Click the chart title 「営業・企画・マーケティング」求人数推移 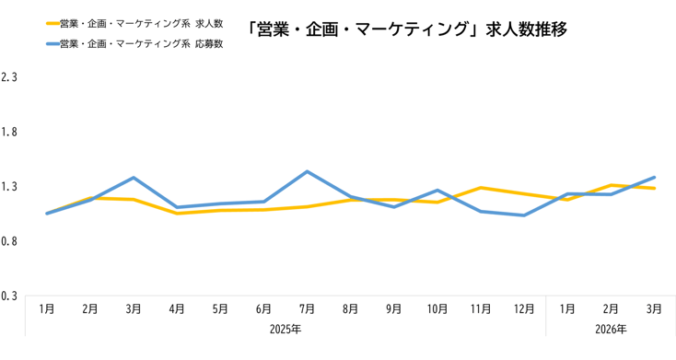[407, 29]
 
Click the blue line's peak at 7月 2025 [307, 171]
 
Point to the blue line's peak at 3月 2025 [134, 178]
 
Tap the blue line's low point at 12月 [524, 215]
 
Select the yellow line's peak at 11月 [481, 188]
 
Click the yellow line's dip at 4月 [177, 214]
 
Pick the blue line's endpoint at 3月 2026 [654, 177]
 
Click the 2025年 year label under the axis [286, 329]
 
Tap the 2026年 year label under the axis [611, 329]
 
